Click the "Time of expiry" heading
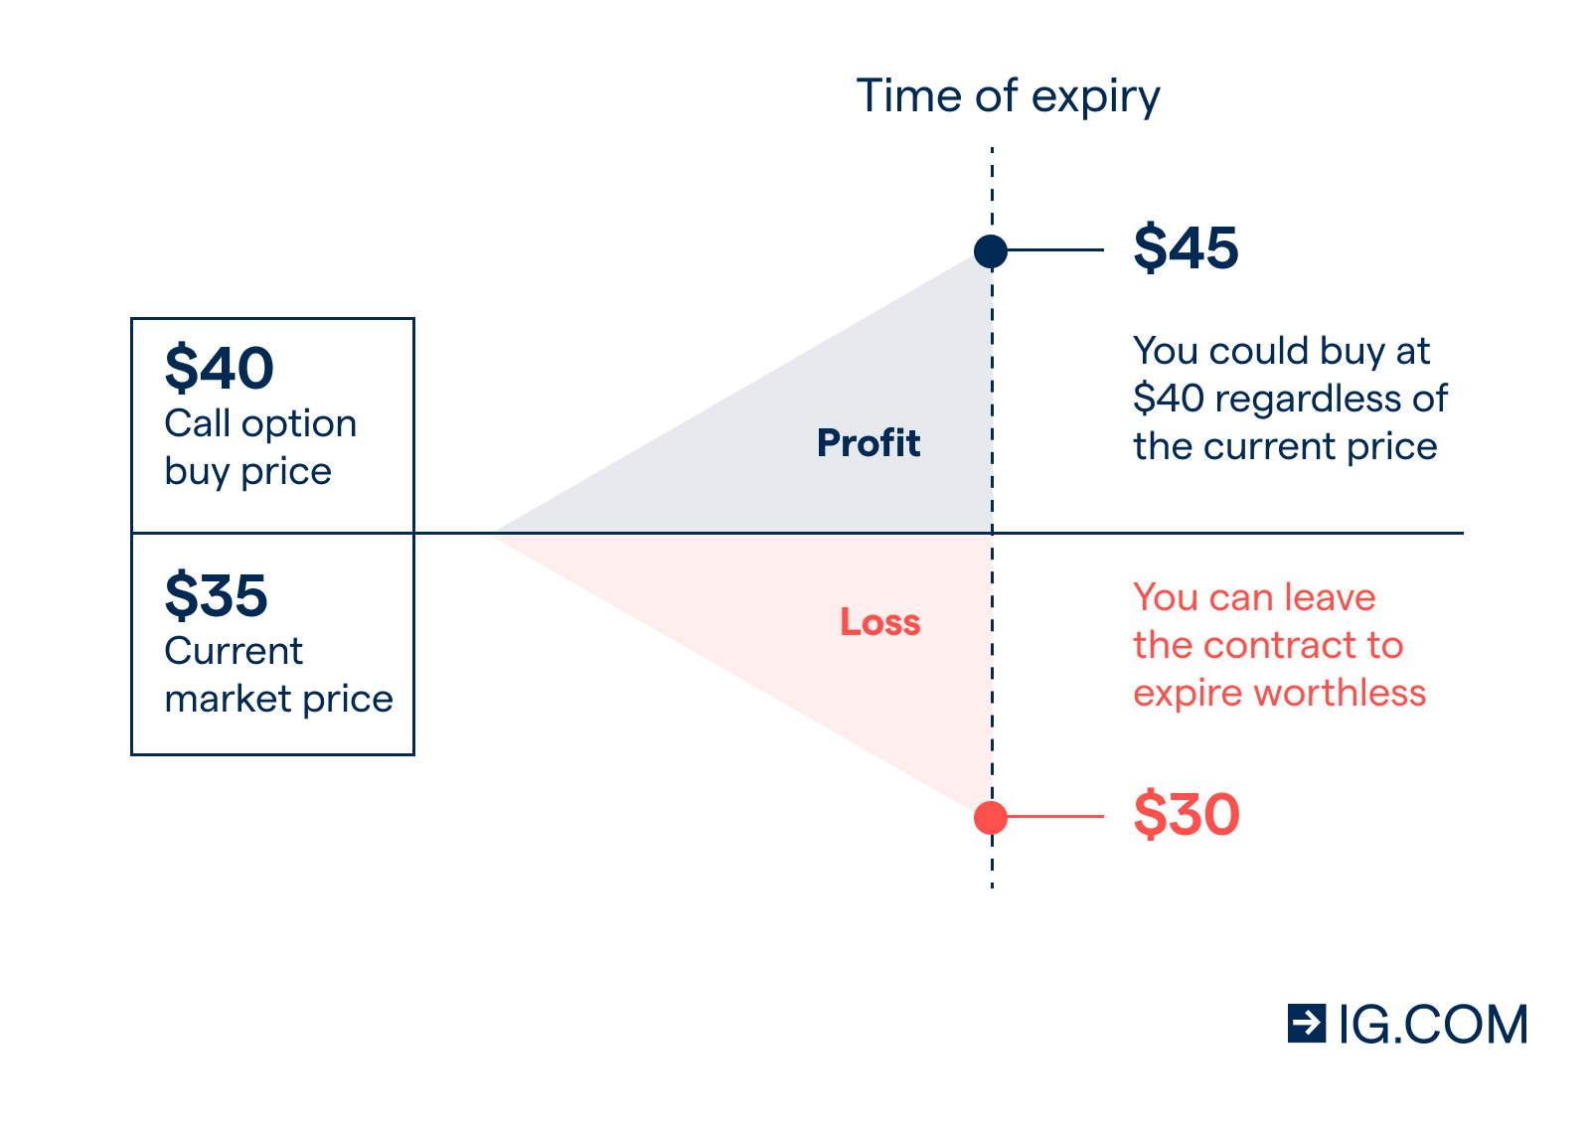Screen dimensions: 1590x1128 pos(1008,96)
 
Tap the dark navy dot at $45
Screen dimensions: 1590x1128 pos(991,251)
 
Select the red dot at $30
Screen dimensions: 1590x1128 pos(991,817)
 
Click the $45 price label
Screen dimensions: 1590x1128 pos(1187,248)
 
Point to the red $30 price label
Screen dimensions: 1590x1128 pos(1187,815)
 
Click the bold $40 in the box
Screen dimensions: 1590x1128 pos(219,368)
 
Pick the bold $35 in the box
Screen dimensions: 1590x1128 pos(216,595)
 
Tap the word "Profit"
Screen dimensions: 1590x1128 pos(869,443)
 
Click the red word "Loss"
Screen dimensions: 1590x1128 pos(880,622)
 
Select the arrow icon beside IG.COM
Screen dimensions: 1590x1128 pos(1307,1024)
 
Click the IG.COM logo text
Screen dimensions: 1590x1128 pos(1433,1025)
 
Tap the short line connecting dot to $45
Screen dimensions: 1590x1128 pos(1055,249)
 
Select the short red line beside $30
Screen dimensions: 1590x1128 pos(1055,816)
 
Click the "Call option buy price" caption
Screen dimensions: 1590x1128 pos(259,448)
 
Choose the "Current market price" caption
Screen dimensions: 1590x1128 pos(278,675)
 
